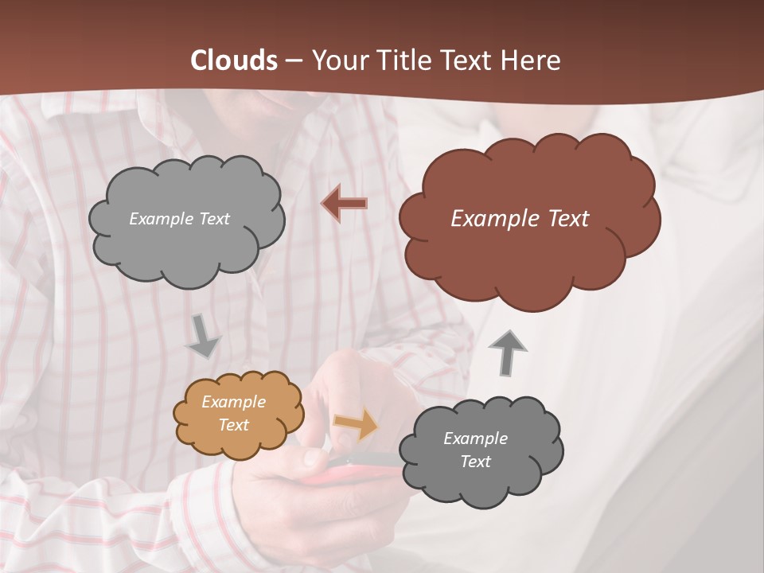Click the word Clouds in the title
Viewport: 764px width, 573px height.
pos(234,60)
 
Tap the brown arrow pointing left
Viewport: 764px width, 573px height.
pos(344,204)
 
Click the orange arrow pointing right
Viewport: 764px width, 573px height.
pos(356,424)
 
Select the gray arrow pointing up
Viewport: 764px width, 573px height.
pos(507,353)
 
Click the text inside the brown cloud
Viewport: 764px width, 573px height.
pos(520,219)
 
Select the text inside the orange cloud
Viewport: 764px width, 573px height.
pos(233,413)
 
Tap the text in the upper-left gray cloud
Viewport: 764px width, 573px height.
pos(179,219)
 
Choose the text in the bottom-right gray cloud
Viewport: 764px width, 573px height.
pos(475,450)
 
